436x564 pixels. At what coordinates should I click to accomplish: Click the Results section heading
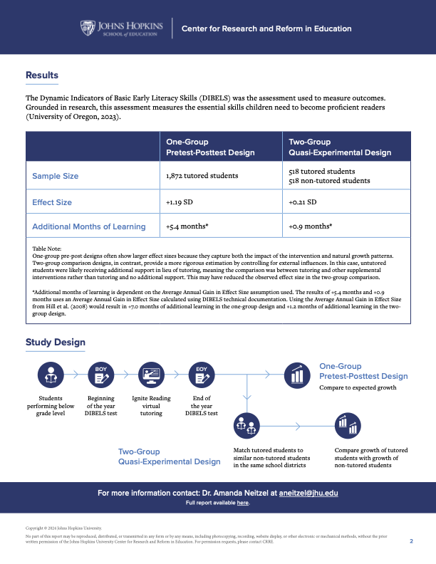[42, 75]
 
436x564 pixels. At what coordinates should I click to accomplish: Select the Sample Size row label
[56, 176]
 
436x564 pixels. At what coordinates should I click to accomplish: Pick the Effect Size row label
[52, 202]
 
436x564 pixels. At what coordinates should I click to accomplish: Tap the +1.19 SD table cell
[179, 202]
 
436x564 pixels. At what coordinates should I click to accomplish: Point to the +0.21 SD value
[303, 202]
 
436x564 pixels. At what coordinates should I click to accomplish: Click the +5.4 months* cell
[187, 227]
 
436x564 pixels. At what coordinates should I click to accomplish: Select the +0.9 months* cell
[311, 227]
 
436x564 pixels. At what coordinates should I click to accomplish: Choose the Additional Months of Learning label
[89, 227]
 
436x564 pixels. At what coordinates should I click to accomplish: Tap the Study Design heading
[56, 343]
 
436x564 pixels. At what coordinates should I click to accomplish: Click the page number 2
[411, 541]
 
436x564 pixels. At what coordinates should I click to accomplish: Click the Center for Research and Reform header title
[266, 29]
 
